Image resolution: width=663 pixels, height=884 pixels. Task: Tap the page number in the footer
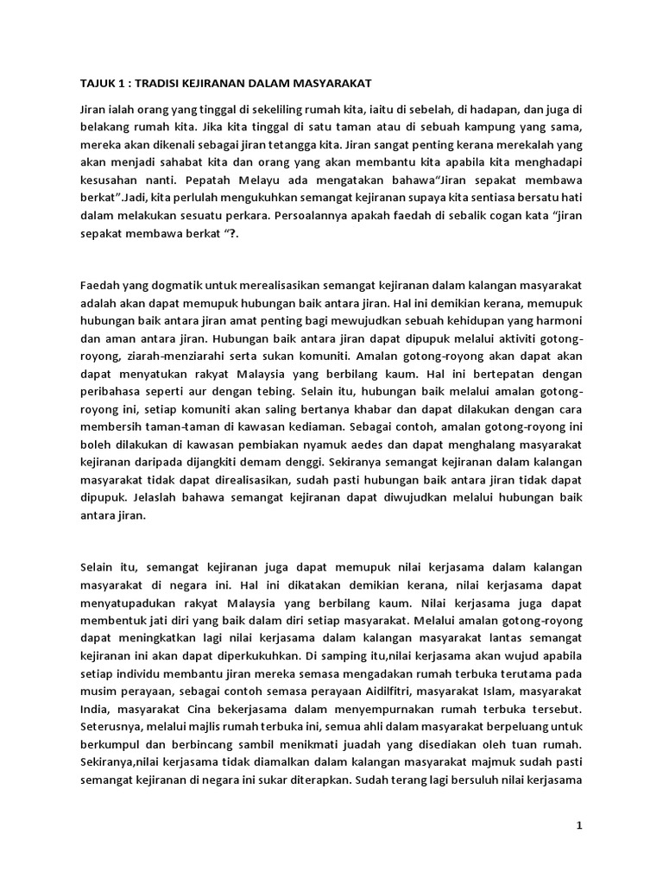pos(580,826)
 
